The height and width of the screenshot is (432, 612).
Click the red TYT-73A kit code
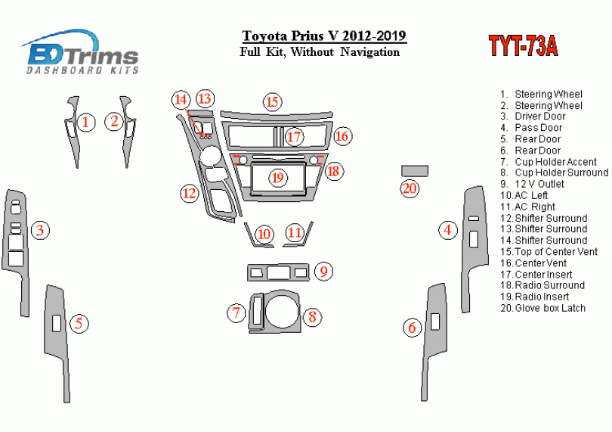coord(524,46)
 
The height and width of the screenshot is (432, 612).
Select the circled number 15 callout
coord(272,102)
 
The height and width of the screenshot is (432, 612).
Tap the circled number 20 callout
coord(410,188)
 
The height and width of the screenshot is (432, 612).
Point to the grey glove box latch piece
coord(415,171)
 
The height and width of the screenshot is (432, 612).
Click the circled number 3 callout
coord(40,230)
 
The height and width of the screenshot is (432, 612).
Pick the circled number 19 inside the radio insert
coord(277,178)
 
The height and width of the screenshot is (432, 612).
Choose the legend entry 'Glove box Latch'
coord(543,308)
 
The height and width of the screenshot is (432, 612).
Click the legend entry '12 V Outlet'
coord(533,184)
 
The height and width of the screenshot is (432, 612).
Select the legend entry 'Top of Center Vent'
coord(549,252)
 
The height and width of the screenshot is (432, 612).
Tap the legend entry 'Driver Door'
coord(533,116)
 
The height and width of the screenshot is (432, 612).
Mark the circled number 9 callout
coord(323,271)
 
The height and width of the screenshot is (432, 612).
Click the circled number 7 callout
coord(236,313)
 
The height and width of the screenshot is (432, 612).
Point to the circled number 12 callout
coord(190,193)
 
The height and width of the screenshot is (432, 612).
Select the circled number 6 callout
coord(413,328)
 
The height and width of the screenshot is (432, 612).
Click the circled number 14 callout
coord(181,100)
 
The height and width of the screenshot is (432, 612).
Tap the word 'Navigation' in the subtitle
coord(370,52)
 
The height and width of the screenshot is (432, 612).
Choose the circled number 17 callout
coord(294,137)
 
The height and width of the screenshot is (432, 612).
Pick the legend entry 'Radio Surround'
coord(542,285)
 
